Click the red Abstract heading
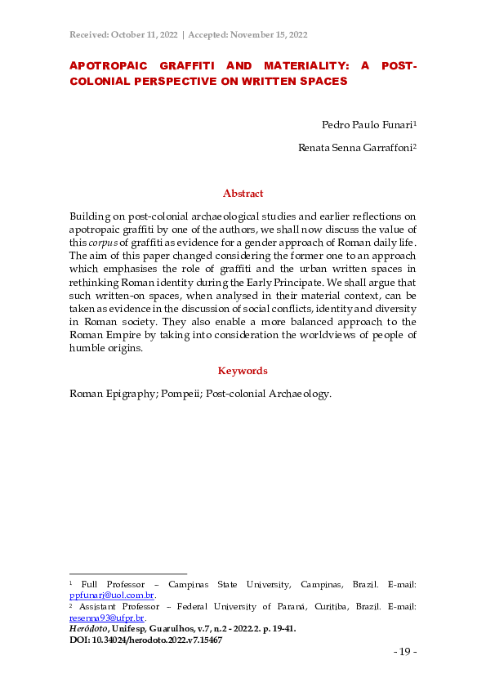243,194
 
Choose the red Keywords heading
243,371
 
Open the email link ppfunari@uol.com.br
111,596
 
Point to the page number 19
405,652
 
